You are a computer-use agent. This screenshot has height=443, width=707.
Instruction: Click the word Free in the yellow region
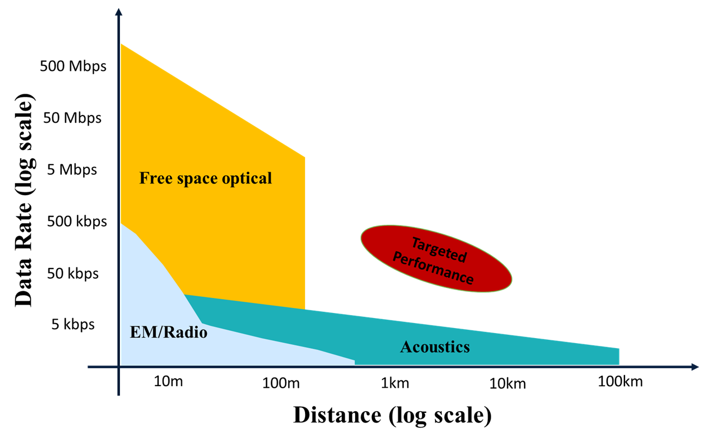click(153, 178)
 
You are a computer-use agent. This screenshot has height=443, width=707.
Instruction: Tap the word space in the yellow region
click(193, 179)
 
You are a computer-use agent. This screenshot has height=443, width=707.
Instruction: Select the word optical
click(245, 179)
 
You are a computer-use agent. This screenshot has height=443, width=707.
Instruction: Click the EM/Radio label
click(168, 333)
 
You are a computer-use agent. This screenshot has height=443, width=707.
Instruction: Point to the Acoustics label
click(435, 347)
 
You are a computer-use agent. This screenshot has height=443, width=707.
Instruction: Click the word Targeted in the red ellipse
click(438, 249)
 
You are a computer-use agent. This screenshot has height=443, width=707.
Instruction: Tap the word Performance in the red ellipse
click(433, 269)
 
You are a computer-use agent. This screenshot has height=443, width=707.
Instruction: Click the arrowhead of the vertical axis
click(119, 13)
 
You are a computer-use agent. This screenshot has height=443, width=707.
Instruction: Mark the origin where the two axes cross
click(119, 367)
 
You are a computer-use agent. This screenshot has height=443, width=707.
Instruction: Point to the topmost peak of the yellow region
click(121, 44)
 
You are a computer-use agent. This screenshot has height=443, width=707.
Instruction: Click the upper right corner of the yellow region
click(305, 157)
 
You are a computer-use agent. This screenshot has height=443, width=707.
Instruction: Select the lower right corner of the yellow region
click(305, 309)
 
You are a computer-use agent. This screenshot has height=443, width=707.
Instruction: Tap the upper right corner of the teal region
click(619, 348)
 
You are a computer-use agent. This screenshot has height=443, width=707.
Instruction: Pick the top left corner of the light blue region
click(121, 224)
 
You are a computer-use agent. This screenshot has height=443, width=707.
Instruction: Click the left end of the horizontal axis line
click(89, 367)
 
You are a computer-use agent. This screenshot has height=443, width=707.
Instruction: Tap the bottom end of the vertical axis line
click(119, 395)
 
